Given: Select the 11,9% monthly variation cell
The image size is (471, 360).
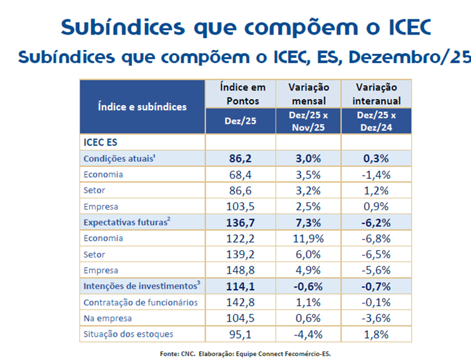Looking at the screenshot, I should point(307,239).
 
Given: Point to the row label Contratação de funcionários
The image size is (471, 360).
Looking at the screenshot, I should point(140,302).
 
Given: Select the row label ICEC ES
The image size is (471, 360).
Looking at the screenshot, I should point(100,142).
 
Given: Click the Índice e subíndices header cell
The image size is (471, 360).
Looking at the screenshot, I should point(142,106).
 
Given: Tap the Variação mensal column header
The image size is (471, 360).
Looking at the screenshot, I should point(307,94).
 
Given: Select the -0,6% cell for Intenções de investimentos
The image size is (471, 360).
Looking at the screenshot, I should point(307,286).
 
